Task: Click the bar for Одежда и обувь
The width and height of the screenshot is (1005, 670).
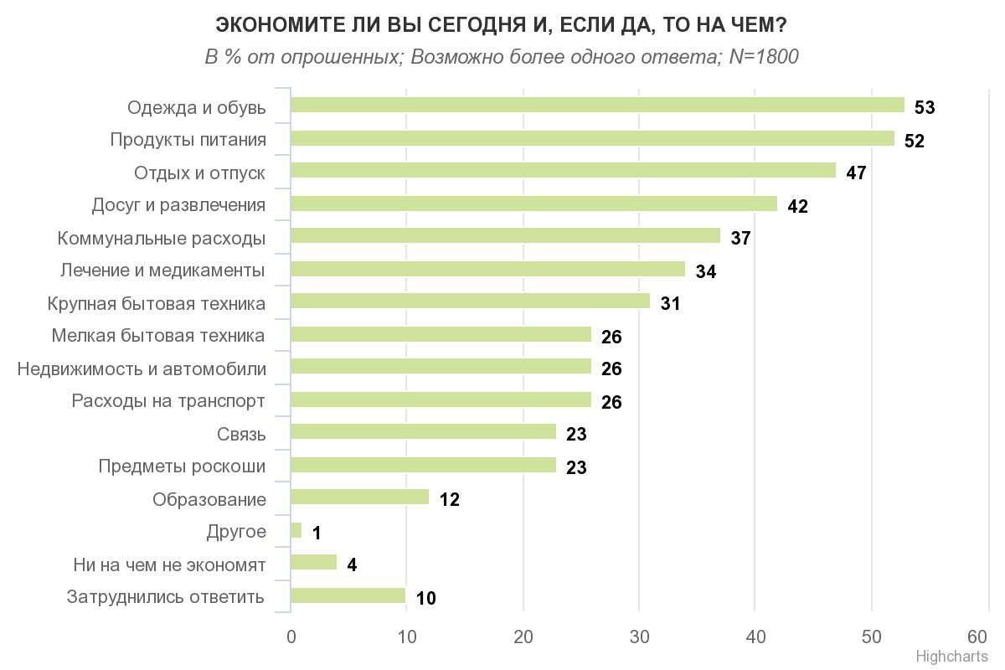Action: point(597,106)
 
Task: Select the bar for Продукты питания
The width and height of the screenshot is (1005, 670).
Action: point(592,138)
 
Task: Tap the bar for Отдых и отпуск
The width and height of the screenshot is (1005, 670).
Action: point(563,171)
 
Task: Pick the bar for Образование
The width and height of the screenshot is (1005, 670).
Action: point(359,497)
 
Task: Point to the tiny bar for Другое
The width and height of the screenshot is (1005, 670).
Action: point(296,530)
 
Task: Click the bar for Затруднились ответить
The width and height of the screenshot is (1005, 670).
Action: point(348,595)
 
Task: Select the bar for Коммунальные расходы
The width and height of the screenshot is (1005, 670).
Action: point(505,236)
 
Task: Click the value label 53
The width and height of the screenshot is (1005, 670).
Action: point(925,108)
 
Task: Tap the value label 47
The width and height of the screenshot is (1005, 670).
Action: point(855,173)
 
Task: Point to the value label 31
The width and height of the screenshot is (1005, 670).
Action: point(670,304)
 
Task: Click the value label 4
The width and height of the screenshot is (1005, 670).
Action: point(352,565)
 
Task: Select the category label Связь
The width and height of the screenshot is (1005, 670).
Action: point(241,435)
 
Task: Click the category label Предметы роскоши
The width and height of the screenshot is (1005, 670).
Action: point(182,466)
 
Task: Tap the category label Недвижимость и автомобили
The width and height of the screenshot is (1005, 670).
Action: point(142,369)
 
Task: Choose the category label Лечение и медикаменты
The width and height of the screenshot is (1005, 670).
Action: point(162,271)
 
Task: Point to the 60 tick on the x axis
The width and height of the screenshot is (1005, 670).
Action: point(977,636)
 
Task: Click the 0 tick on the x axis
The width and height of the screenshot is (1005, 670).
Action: point(291,636)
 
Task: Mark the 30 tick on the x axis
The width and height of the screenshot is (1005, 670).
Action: point(639,636)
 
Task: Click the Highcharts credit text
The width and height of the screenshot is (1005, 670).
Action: point(951,657)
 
